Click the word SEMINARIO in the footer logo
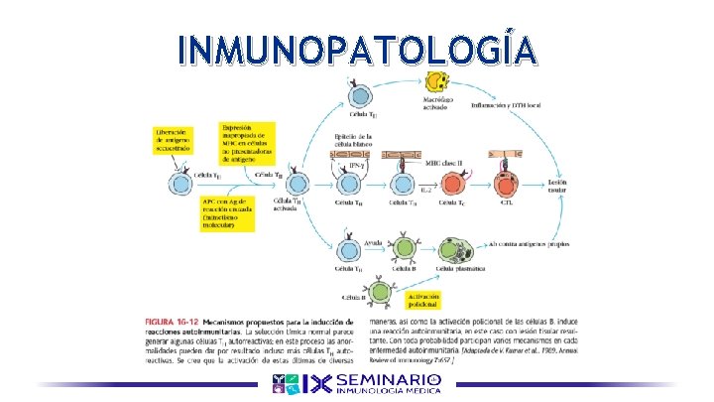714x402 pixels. coord(388,381)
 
